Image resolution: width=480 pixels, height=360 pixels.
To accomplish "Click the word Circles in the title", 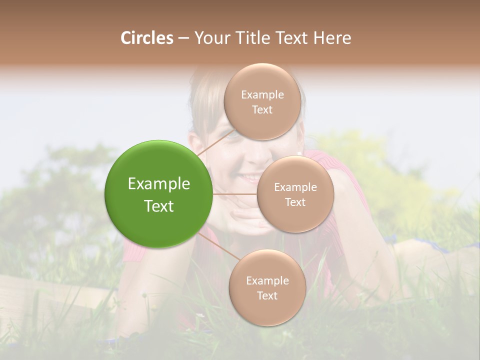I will point(147,38).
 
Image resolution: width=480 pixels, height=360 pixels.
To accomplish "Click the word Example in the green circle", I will point(159,184).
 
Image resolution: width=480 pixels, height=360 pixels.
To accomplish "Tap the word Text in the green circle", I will point(159,206).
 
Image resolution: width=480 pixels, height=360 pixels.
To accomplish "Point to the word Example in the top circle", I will point(262,95).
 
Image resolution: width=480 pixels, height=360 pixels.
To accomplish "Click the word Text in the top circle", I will point(262,110).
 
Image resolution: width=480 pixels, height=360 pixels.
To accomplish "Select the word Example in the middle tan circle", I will point(295,187).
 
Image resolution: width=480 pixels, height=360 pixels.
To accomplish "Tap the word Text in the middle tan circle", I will point(295,202).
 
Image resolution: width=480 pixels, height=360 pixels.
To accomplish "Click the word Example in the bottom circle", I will point(267,281).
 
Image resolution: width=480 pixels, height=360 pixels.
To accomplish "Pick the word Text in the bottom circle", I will point(267,296).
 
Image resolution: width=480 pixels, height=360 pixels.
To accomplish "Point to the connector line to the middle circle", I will point(235,194).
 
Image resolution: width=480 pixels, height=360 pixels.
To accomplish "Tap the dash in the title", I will point(183,38).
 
